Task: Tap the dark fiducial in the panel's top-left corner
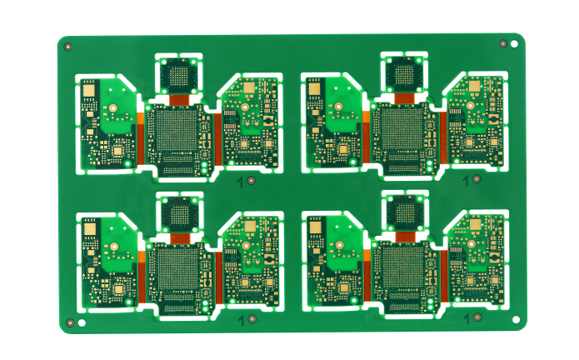click(67, 47)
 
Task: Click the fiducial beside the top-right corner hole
click(502, 42)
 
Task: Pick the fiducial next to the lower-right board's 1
click(475, 318)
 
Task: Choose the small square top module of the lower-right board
click(405, 213)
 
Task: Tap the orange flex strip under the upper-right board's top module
click(405, 98)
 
